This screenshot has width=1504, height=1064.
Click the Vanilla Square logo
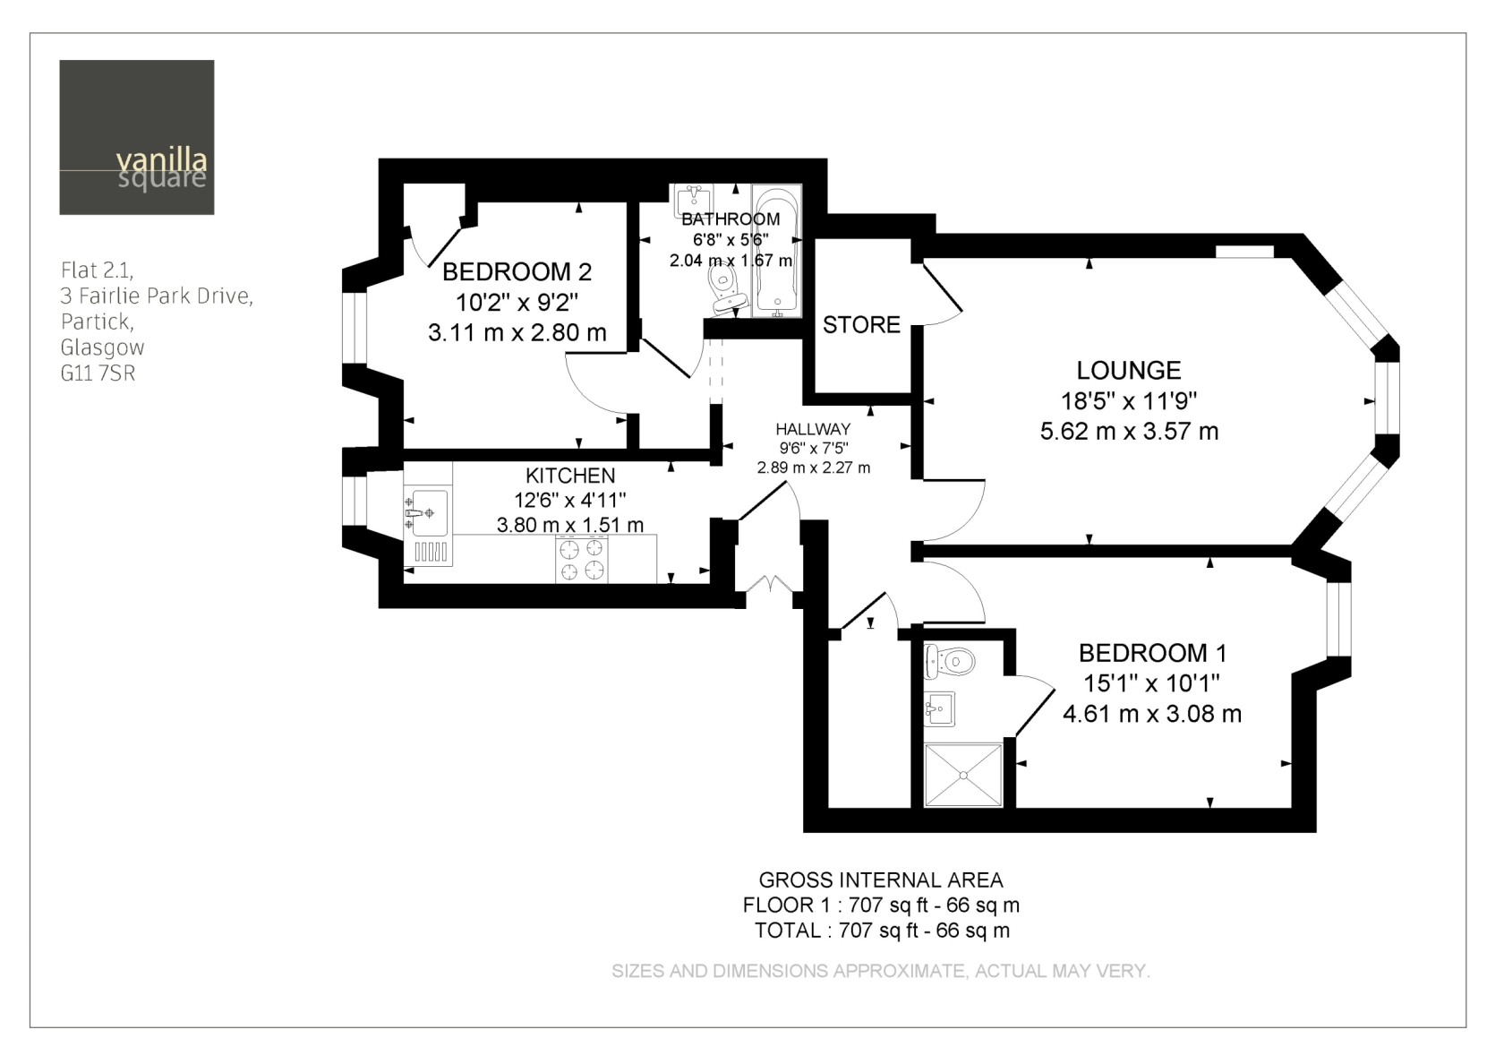click(x=137, y=138)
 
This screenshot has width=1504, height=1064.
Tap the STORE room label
click(x=861, y=325)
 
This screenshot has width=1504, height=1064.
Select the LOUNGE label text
click(x=1129, y=371)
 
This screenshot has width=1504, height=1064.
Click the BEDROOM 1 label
click(x=1153, y=653)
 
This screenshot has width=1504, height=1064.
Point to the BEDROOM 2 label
click(x=517, y=272)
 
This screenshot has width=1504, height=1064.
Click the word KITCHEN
click(x=570, y=476)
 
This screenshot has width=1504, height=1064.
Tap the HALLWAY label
click(x=813, y=429)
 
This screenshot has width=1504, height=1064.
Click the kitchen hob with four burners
click(x=582, y=559)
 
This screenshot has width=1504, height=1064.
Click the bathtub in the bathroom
click(x=777, y=251)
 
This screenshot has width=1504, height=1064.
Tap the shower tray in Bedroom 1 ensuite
click(x=963, y=775)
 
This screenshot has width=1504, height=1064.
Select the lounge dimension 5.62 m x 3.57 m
click(x=1130, y=432)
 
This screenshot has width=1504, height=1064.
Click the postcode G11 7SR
click(x=98, y=373)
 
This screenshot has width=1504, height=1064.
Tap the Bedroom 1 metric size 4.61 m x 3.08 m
click(x=1152, y=713)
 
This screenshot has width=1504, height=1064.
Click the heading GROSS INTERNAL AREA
click(x=881, y=880)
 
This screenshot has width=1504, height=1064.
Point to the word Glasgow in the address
click(x=103, y=348)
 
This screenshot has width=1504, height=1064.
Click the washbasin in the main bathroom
click(x=695, y=201)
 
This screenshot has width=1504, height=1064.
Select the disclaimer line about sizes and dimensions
click(x=881, y=971)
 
